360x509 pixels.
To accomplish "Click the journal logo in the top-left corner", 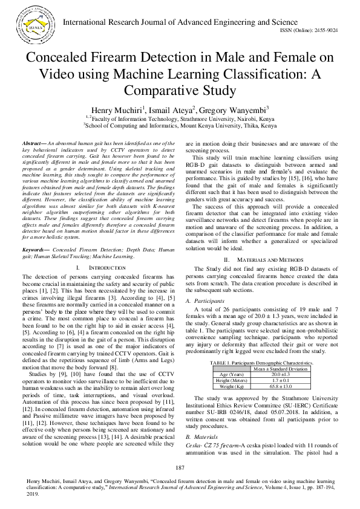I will coord(37,22).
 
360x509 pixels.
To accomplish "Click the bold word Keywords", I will coord(36,250).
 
